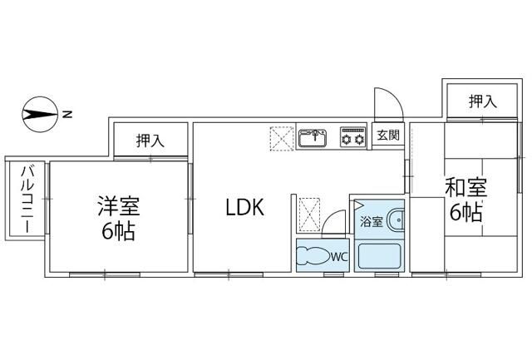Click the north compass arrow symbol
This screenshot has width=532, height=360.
(38, 113)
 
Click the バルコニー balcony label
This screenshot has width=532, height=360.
(26, 199)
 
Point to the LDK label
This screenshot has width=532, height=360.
(245, 208)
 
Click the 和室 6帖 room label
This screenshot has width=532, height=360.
(465, 200)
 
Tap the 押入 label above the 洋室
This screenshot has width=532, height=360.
(150, 141)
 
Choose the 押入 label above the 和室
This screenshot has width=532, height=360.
(482, 101)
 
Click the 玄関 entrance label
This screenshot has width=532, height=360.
(387, 136)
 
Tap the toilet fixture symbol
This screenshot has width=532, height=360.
(313, 255)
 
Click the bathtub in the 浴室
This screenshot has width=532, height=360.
(379, 254)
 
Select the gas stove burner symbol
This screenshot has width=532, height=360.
(353, 136)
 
